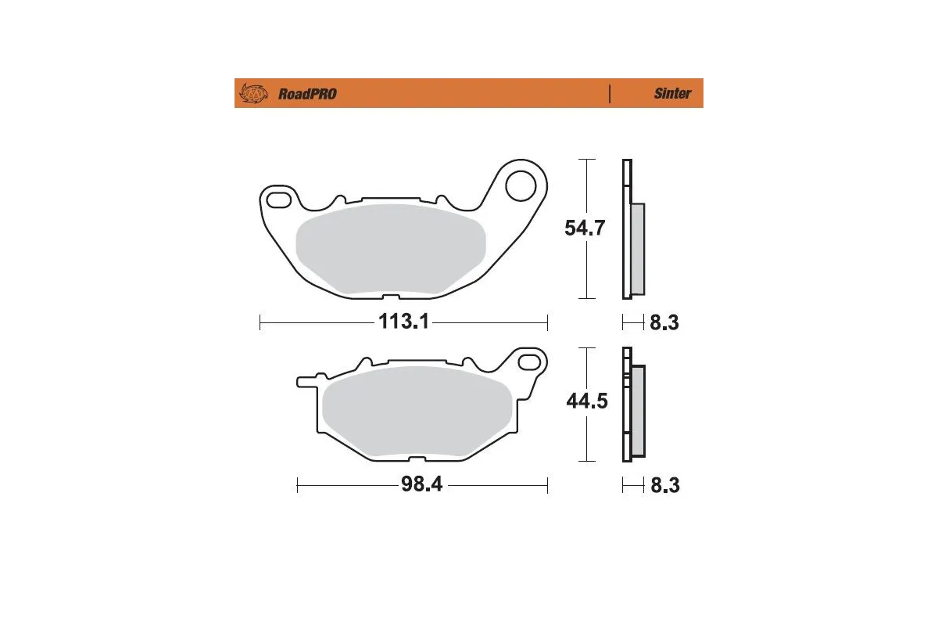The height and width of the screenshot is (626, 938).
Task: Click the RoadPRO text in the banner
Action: pyautogui.click(x=307, y=94)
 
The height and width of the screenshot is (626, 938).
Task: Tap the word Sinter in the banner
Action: pyautogui.click(x=672, y=94)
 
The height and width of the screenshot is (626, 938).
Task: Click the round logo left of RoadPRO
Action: pyautogui.click(x=253, y=94)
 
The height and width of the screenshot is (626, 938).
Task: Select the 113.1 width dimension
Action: pyautogui.click(x=403, y=322)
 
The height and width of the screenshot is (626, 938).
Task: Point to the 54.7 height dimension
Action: pyautogui.click(x=585, y=228)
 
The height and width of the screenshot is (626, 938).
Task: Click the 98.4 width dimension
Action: pyautogui.click(x=422, y=484)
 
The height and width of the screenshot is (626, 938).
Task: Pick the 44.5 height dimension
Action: pyautogui.click(x=587, y=401)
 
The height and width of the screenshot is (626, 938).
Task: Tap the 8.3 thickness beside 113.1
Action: pyautogui.click(x=664, y=322)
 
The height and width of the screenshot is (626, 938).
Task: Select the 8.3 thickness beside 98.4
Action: pyautogui.click(x=664, y=485)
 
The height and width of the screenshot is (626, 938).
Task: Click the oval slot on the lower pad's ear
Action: pyautogui.click(x=532, y=362)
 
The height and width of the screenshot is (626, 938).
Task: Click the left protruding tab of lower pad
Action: pyautogui.click(x=306, y=382)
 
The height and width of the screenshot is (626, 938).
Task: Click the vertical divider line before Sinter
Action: pyautogui.click(x=609, y=94)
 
